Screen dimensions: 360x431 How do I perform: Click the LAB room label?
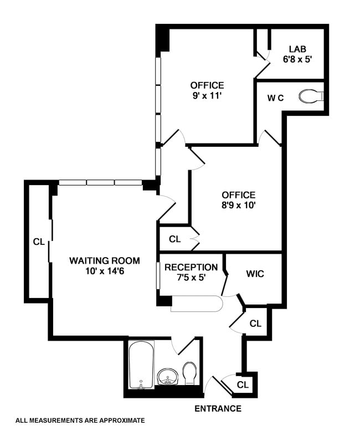297,49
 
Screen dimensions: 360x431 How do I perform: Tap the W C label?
275,98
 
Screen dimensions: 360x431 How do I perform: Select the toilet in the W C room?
311,96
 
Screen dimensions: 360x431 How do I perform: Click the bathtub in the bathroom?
141,365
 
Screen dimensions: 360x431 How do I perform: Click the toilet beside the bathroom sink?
189,373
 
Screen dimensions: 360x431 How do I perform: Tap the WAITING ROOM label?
105,260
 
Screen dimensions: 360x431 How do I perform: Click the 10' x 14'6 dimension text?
105,271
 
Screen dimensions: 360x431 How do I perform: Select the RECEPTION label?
191,267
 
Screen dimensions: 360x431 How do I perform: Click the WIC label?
255,274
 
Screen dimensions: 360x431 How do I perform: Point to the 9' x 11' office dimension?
207,96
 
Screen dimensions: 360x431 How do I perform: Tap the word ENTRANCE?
218,409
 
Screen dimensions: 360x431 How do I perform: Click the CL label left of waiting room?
39,242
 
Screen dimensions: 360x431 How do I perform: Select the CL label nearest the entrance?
243,385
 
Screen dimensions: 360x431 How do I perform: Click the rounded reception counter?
196,304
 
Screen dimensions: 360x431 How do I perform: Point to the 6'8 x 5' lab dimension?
297,59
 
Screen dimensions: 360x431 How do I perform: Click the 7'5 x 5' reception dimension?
191,278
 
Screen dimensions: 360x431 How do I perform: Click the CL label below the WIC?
255,324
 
